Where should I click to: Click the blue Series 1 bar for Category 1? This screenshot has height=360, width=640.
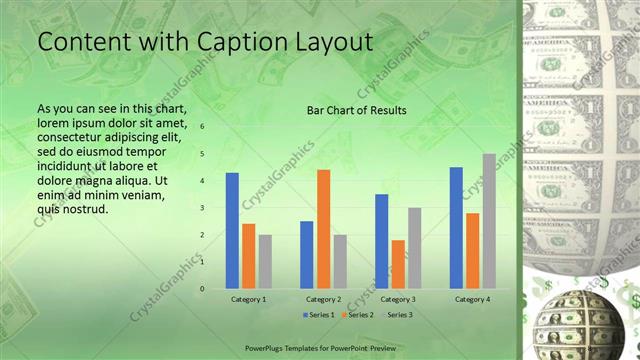[232, 230]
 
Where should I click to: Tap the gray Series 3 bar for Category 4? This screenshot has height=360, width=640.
[488, 221]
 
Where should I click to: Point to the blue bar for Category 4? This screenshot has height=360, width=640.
[456, 227]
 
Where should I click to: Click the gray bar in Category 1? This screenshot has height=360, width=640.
[264, 261]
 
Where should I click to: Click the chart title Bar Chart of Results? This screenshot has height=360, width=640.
[356, 110]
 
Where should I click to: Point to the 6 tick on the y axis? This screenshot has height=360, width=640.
[202, 127]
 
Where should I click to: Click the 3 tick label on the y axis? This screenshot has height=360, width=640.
[202, 208]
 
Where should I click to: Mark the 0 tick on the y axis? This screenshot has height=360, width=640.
[202, 289]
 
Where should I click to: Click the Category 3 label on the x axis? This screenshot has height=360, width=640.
[398, 299]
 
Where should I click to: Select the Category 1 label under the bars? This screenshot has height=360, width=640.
[248, 299]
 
